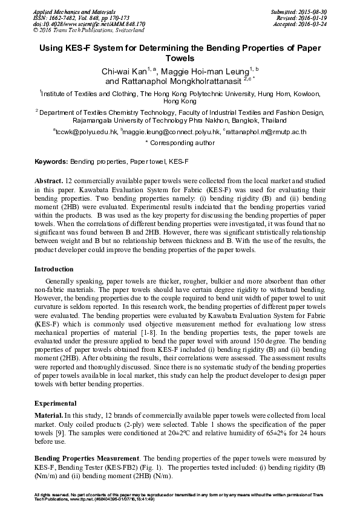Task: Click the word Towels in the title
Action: pos(180,59)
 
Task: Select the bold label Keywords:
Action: pos(51,162)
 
